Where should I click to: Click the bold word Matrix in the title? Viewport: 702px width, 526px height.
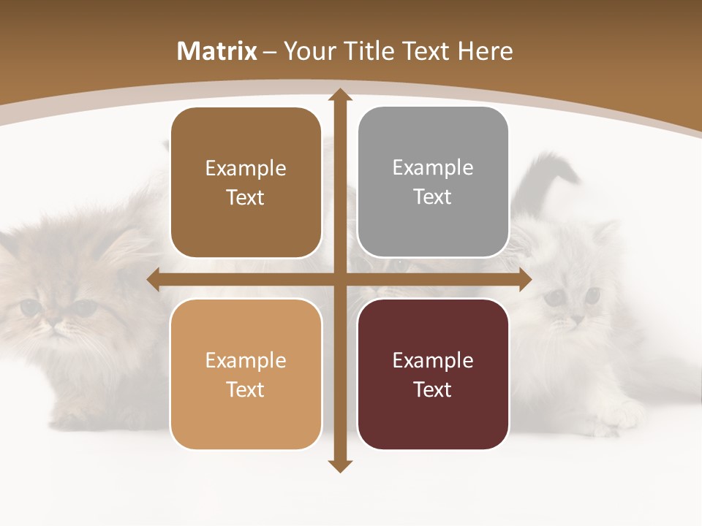click(217, 51)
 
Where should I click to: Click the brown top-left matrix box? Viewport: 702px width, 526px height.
click(246, 183)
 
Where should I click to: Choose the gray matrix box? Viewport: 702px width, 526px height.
click(433, 182)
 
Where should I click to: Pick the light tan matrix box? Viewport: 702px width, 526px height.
click(246, 374)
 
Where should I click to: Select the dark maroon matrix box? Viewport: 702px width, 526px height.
click(433, 374)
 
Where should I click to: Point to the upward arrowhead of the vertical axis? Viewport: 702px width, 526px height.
click(339, 95)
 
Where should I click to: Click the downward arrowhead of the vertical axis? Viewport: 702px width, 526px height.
click(339, 465)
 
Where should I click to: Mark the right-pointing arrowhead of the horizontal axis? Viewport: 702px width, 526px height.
click(524, 280)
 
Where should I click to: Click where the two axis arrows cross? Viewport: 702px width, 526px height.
click(339, 280)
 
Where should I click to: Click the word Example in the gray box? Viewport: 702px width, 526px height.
click(433, 168)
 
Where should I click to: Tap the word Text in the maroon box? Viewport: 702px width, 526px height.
click(433, 389)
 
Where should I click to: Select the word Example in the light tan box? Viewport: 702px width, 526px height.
click(246, 360)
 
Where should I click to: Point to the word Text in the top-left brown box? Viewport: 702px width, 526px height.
click(246, 197)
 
